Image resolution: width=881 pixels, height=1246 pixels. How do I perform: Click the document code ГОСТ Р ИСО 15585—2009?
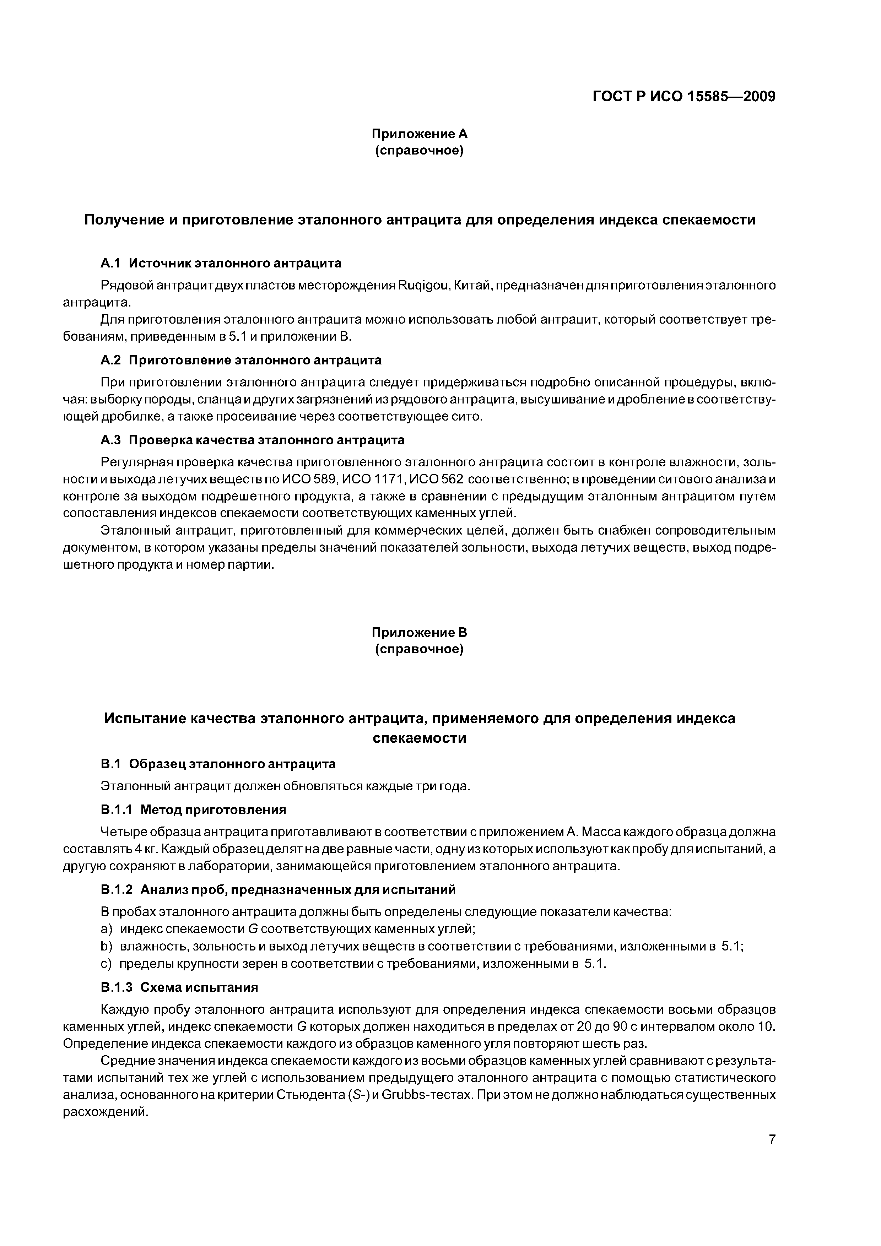click(x=683, y=97)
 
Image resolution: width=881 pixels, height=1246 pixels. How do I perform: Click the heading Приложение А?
click(x=419, y=134)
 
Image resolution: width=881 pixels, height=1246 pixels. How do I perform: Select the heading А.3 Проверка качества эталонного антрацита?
click(x=253, y=440)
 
